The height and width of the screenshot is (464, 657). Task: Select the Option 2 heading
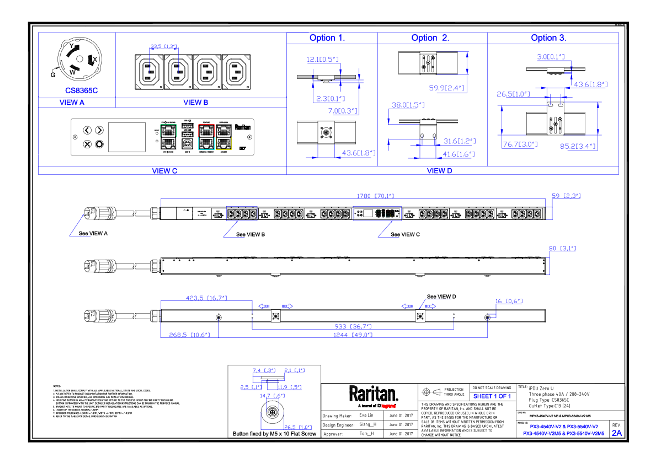[x=430, y=38]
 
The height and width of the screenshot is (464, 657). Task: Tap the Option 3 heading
[x=548, y=38]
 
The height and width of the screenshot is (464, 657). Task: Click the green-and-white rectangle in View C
[x=168, y=137]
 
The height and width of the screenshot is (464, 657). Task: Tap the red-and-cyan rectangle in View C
[x=206, y=137]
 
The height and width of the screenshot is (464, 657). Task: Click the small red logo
[x=388, y=406]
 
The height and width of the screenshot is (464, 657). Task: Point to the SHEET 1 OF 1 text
[x=492, y=396]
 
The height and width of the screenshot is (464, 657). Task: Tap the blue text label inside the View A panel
[x=82, y=90]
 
